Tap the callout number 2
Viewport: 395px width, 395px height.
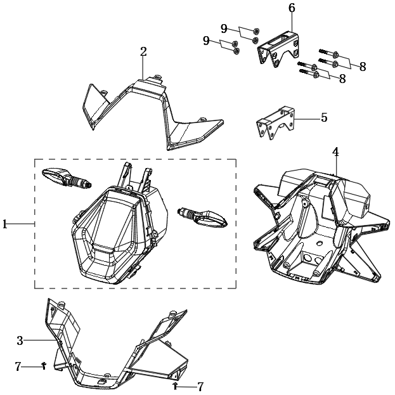(x=143, y=51)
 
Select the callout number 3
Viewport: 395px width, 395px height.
(x=20, y=340)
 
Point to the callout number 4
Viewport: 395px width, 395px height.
(x=335, y=152)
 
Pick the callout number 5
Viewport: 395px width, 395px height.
(x=324, y=117)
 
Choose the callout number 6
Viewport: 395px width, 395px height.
(x=292, y=8)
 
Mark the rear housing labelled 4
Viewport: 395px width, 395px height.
(x=317, y=222)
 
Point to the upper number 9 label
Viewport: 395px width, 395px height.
(x=224, y=28)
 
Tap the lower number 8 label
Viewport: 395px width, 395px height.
(x=342, y=79)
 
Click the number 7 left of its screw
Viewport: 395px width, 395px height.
(x=18, y=366)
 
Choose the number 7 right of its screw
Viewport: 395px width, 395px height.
(x=200, y=386)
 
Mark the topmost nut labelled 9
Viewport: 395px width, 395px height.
(x=256, y=31)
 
